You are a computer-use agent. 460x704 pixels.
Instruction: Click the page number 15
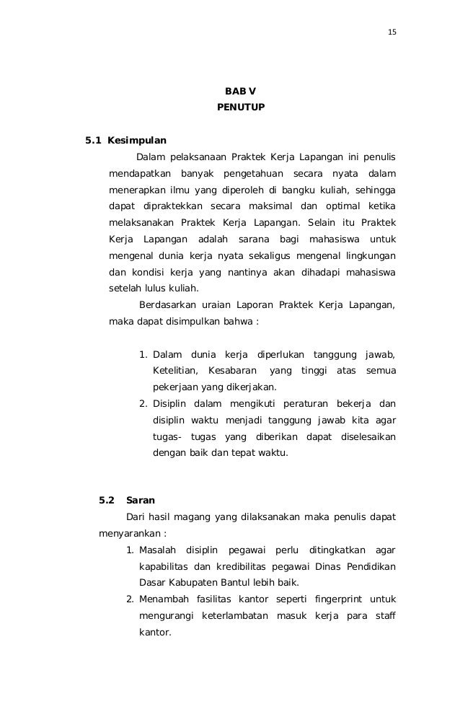point(392,32)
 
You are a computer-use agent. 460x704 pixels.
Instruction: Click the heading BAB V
point(240,91)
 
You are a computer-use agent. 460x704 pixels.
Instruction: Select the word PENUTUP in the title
point(241,107)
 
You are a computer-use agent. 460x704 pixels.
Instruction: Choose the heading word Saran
point(141,499)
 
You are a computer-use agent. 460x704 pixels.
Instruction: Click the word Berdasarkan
point(171,305)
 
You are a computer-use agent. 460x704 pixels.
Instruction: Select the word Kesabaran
point(231,371)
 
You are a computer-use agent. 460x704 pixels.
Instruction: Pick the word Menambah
point(161,599)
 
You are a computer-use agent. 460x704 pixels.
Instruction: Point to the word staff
point(384,616)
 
